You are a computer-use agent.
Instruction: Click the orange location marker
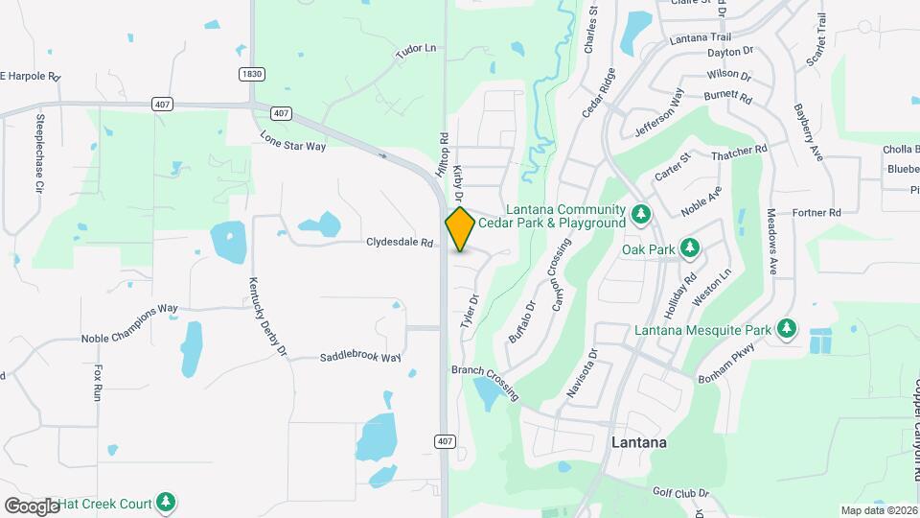(460, 229)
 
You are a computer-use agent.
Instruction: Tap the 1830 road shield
(252, 73)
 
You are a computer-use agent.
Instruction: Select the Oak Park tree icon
(689, 248)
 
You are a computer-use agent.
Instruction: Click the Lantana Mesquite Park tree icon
(787, 330)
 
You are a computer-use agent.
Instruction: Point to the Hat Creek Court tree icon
(167, 501)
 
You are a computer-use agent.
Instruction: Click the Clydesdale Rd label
(400, 243)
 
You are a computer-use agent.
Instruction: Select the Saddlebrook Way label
(359, 358)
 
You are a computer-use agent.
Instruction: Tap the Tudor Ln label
(416, 47)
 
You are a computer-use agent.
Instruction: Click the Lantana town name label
(639, 444)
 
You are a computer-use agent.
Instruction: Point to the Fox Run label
(98, 381)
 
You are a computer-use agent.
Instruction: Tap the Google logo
(32, 506)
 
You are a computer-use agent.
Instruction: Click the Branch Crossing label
(486, 383)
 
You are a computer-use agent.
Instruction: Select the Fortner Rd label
(816, 212)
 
